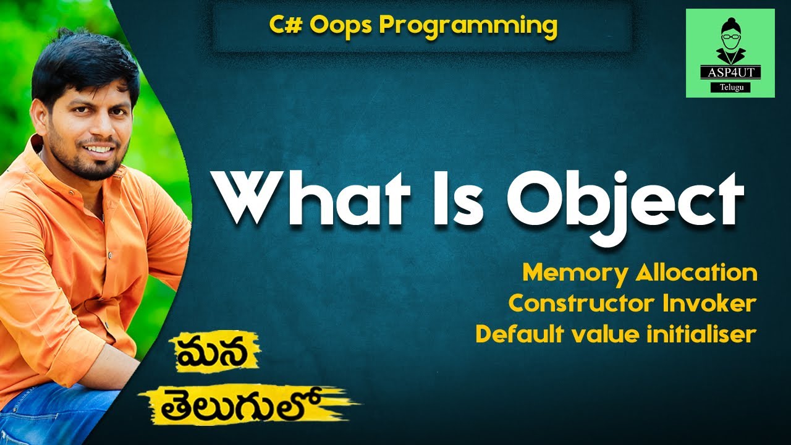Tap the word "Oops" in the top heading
pyautogui.click(x=337, y=25)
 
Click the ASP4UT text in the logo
pyautogui.click(x=730, y=72)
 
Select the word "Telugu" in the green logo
pyautogui.click(x=730, y=88)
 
